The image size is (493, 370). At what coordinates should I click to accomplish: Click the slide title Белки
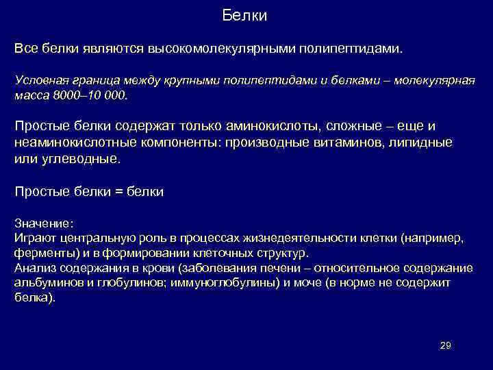[244, 15]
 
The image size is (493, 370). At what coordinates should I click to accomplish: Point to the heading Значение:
[43, 223]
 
